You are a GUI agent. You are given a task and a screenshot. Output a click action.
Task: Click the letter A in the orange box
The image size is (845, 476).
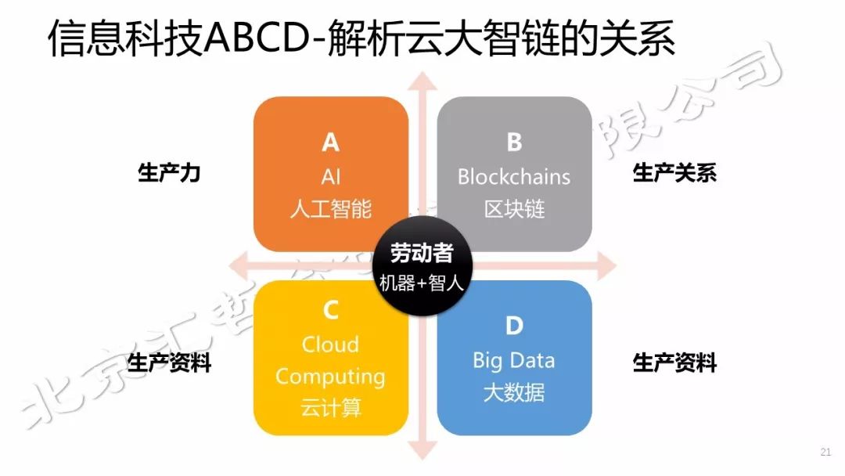click(330, 142)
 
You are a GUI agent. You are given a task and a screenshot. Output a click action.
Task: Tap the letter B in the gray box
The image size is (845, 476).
click(514, 142)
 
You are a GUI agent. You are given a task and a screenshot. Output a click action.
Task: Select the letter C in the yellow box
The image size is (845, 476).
click(330, 311)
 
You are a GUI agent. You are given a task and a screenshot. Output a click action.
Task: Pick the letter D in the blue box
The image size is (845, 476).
click(514, 326)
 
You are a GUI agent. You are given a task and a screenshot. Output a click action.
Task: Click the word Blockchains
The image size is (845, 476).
click(514, 176)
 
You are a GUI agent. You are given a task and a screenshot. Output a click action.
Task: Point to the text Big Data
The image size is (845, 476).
click(514, 360)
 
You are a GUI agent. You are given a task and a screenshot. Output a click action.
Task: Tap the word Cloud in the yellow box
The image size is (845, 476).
click(330, 344)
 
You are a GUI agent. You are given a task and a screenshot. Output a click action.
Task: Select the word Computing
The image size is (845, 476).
click(330, 377)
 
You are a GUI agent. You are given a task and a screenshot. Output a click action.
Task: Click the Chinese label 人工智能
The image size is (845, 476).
click(330, 209)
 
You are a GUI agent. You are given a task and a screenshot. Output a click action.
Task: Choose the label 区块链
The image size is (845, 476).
click(514, 209)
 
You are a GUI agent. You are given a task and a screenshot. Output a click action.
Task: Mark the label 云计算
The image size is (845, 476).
click(330, 408)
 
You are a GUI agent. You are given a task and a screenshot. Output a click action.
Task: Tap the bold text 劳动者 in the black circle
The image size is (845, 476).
click(422, 253)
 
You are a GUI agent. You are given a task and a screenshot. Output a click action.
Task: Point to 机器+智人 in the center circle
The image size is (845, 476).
click(422, 283)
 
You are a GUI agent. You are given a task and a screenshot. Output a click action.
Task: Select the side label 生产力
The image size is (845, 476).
click(169, 173)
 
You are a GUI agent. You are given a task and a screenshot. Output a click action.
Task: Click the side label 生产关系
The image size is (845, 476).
click(674, 173)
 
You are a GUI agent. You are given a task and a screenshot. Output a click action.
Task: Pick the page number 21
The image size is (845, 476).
click(825, 452)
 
